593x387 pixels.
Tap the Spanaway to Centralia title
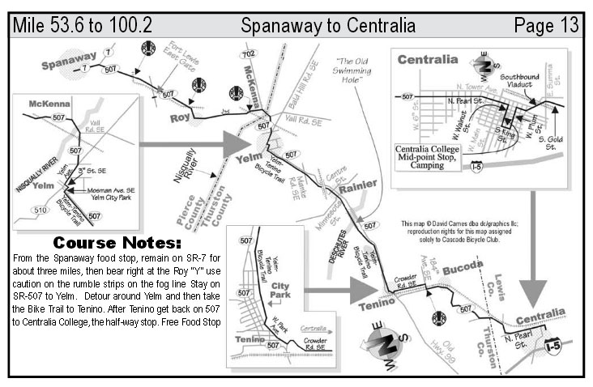click(328, 25)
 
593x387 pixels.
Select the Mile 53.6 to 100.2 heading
click(83, 25)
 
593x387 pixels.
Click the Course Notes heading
click(117, 242)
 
